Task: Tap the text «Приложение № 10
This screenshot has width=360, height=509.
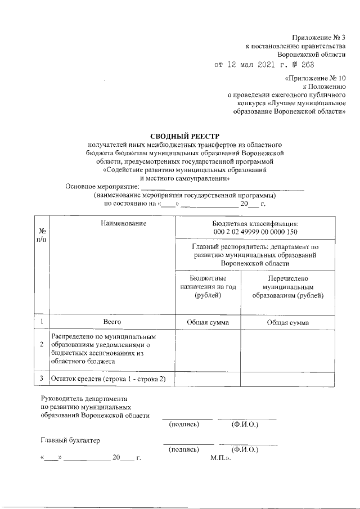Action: [x=316, y=78]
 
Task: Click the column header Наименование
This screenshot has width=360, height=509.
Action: [x=124, y=223]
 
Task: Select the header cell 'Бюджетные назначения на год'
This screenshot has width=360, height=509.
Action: [x=208, y=287]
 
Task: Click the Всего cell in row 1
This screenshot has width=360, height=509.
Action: [x=112, y=322]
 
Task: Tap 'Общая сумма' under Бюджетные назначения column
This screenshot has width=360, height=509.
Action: [x=208, y=322]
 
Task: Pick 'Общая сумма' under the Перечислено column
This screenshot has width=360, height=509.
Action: [x=287, y=322]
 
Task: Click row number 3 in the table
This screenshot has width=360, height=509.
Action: [x=42, y=379]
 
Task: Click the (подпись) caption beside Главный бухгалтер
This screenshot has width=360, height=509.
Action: [x=184, y=449]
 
